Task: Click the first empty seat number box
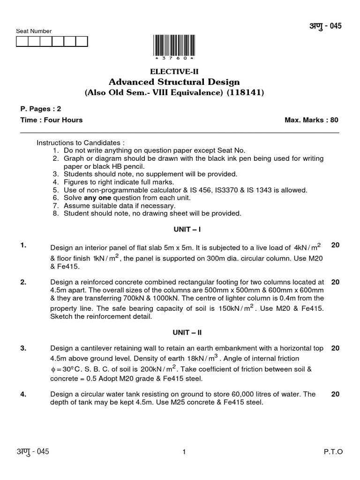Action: click(22, 42)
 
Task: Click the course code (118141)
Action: click(245, 93)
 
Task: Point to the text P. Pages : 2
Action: click(41, 109)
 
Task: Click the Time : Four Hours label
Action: click(52, 120)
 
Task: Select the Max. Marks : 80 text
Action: click(311, 120)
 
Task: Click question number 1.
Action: click(23, 245)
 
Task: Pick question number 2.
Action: click(23, 282)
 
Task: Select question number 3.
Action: click(23, 348)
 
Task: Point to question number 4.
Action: click(23, 394)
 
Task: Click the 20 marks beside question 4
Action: click(335, 394)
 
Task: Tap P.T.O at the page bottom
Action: click(333, 452)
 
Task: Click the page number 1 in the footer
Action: click(185, 452)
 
